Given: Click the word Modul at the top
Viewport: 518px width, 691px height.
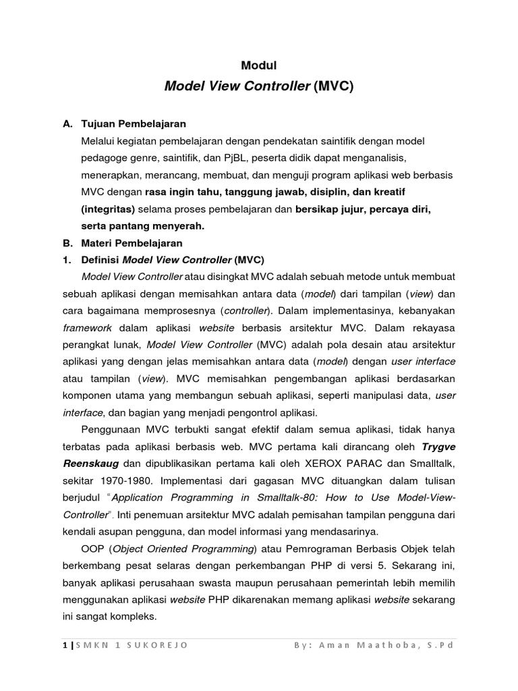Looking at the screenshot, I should pyautogui.click(x=259, y=65).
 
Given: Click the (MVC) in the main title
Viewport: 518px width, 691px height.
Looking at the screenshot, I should pyautogui.click(x=334, y=87).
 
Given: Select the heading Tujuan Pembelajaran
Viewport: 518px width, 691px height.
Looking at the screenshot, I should pyautogui.click(x=134, y=124).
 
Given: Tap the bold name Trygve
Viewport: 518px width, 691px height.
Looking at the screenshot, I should pyautogui.click(x=438, y=446).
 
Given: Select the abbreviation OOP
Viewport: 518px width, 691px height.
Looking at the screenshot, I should pyautogui.click(x=92, y=548).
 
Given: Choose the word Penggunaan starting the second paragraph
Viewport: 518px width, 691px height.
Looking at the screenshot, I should pyautogui.click(x=112, y=429).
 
